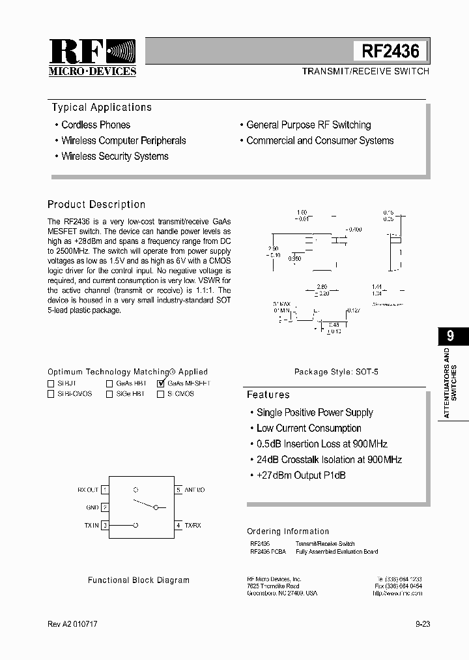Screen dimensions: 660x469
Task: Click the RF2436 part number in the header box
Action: pyautogui.click(x=391, y=51)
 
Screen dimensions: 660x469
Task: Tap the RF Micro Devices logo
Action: pyautogui.click(x=92, y=57)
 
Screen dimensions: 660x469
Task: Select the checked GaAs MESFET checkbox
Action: pyautogui.click(x=161, y=383)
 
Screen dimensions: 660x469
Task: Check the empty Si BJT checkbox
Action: pyautogui.click(x=51, y=383)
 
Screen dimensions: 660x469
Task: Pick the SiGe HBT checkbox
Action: pyautogui.click(x=109, y=394)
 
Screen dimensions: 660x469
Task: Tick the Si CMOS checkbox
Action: pyautogui.click(x=161, y=394)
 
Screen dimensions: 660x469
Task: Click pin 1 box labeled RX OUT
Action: pyautogui.click(x=105, y=489)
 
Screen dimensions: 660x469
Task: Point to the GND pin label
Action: pyautogui.click(x=92, y=507)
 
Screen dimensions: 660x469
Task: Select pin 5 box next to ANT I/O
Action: pyautogui.click(x=178, y=489)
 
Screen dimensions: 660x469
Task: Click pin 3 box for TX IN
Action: pyautogui.click(x=105, y=524)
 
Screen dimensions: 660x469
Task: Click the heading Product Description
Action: pyautogui.click(x=96, y=204)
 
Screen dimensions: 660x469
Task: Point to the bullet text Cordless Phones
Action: pyautogui.click(x=96, y=125)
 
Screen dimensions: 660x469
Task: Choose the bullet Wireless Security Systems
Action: pyautogui.click(x=115, y=156)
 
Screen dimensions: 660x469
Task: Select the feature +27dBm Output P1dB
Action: pyautogui.click(x=301, y=475)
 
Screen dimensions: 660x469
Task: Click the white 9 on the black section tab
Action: pyautogui.click(x=450, y=337)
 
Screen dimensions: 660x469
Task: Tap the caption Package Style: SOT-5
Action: pyautogui.click(x=336, y=372)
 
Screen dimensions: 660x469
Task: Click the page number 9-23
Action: pyautogui.click(x=422, y=624)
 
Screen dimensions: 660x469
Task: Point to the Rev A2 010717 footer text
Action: pyautogui.click(x=73, y=624)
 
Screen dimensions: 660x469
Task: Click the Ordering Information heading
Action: pyautogui.click(x=288, y=531)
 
